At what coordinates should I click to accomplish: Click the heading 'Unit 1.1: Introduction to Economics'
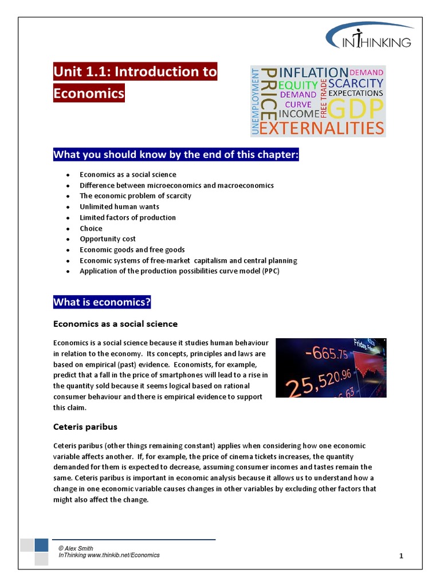[x=135, y=82]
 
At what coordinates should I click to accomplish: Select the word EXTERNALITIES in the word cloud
[x=321, y=128]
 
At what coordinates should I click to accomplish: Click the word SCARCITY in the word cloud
[x=355, y=83]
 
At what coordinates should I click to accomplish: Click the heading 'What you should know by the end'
[x=176, y=155]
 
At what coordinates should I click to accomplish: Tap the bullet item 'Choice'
[x=91, y=228]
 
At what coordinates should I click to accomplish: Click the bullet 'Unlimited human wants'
[x=119, y=207]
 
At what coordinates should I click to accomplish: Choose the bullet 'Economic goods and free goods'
[x=132, y=250]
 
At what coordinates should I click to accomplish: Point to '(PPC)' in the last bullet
[x=270, y=271]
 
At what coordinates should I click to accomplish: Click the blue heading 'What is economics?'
[x=102, y=302]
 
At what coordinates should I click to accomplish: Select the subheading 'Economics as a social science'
[x=115, y=324]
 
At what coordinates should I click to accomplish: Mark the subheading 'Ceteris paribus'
[x=85, y=427]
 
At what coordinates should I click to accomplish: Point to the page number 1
[x=401, y=556]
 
